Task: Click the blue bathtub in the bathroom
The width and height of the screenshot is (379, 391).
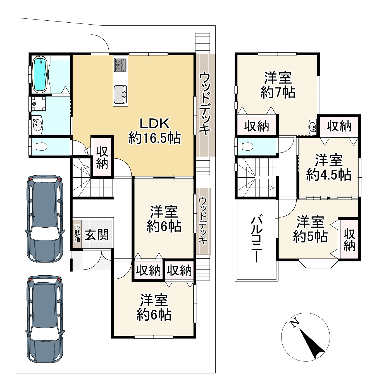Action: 40,74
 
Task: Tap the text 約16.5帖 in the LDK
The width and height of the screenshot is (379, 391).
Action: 154,138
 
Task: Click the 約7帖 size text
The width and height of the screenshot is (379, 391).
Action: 278,92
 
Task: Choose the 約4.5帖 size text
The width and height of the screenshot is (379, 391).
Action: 328,175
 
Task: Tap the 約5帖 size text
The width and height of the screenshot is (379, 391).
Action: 310,237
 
